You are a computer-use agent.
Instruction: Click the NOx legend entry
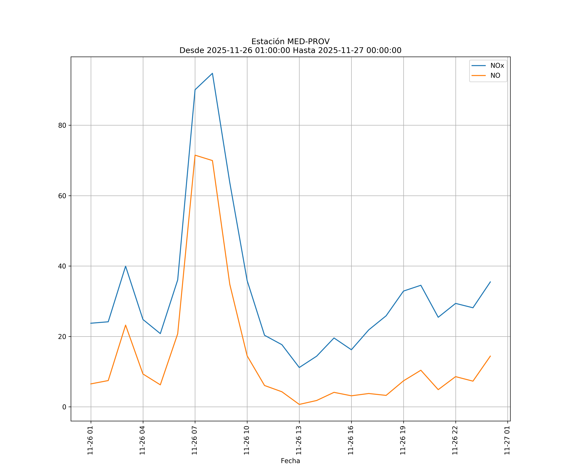tap(497, 66)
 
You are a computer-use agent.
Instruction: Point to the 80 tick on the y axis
tap(62, 125)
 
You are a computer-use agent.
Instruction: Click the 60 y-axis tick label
tap(62, 196)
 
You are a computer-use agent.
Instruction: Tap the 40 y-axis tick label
tap(62, 266)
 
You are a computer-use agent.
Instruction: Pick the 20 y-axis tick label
tap(62, 336)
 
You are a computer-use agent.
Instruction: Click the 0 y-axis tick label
tap(64, 407)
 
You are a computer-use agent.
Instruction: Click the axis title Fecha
tap(290, 461)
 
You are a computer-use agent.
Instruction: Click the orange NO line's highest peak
tap(195, 155)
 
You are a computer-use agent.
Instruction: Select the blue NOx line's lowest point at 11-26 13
tap(299, 367)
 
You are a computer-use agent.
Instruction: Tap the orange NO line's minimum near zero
tap(299, 404)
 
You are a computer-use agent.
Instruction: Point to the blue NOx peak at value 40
tap(126, 266)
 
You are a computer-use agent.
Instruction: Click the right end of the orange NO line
tap(490, 356)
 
